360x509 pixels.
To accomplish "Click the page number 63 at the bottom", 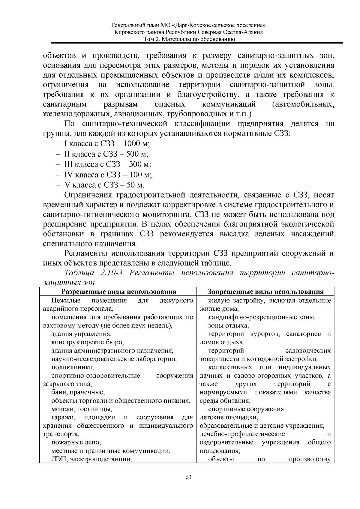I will (188, 477).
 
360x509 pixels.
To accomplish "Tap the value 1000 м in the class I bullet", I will (136, 143).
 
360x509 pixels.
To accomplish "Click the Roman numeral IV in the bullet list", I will (68, 175).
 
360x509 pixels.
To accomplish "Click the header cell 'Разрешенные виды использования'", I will (119, 292).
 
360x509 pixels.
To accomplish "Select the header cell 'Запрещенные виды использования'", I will (266, 292).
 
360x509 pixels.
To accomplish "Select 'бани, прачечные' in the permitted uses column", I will (78, 392).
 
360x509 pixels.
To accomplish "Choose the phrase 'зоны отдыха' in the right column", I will (228, 325).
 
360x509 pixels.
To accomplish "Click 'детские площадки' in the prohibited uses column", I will (229, 417).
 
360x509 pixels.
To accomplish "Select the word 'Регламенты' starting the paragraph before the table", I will (86, 253).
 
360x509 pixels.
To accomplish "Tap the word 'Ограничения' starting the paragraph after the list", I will (88, 196).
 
